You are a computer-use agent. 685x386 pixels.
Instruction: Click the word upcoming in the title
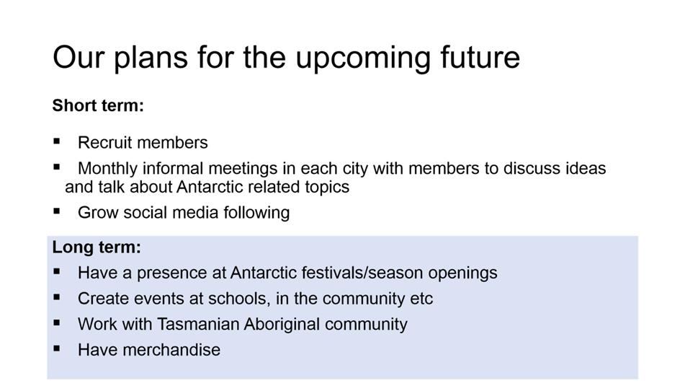pos(364,58)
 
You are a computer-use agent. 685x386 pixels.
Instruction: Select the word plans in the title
pos(151,58)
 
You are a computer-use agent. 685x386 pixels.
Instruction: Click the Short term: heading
pos(98,105)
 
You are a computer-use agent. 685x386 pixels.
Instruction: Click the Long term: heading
pos(97,247)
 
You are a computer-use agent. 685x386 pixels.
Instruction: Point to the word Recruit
pos(105,143)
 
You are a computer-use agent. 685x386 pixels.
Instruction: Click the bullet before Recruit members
pos(56,141)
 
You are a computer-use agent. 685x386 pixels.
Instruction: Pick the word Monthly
pos(107,169)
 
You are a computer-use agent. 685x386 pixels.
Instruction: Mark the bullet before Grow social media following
pos(56,211)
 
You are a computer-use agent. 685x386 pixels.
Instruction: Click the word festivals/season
pos(356,273)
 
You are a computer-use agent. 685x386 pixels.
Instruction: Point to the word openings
pos(462,273)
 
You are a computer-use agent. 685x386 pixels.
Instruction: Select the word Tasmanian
pos(197,324)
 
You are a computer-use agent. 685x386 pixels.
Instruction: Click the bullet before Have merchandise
pos(56,348)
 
